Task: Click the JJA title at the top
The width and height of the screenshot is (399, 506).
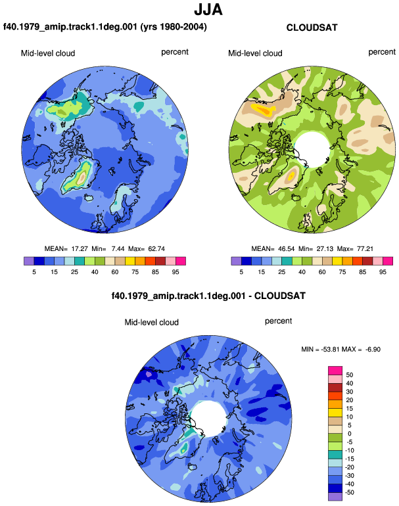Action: coord(208,10)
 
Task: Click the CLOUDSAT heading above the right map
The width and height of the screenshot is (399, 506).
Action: coord(312,28)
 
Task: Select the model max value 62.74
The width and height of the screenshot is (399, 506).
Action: coord(156,249)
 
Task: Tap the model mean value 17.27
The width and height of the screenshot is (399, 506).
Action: coord(80,249)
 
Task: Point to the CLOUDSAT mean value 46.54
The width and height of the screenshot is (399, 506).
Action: coord(287,249)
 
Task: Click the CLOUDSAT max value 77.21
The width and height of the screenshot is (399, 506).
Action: coord(365,249)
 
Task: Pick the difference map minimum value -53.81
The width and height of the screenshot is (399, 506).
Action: coord(330,349)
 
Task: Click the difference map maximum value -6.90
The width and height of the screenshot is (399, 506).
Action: coord(373,349)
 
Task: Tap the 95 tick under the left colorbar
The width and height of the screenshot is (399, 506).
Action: coord(176,272)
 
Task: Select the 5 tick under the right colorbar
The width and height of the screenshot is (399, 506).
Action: coord(241,272)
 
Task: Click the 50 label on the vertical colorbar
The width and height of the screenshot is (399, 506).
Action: coord(349,375)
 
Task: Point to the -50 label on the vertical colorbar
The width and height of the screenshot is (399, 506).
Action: coord(348,492)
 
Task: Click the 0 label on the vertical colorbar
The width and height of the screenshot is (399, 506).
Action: coord(349,434)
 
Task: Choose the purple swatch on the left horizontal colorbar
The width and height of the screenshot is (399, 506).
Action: coord(29,261)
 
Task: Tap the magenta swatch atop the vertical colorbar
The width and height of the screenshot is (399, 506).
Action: coord(335,371)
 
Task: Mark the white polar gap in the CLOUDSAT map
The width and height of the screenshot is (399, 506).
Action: coord(312,149)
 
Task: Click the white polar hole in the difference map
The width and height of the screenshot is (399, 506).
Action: coord(209,419)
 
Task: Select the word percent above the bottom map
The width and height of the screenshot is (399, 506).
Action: coord(278,321)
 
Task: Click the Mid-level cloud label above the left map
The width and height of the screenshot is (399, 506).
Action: coord(48,53)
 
